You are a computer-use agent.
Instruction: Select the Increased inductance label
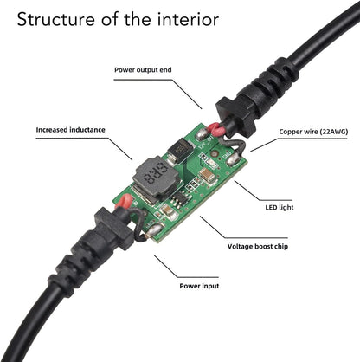click(x=70, y=130)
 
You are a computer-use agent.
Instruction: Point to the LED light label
click(x=280, y=208)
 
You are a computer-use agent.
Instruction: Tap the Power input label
click(x=200, y=284)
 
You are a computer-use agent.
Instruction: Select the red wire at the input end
click(x=126, y=203)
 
